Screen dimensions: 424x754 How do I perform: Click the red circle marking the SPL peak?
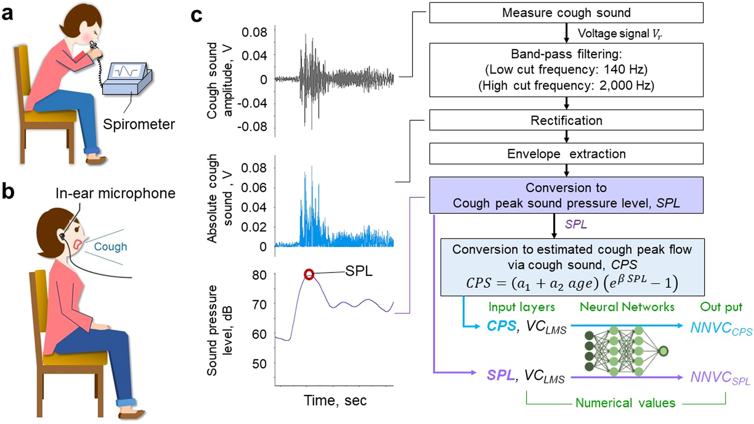309,274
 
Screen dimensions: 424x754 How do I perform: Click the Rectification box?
566,120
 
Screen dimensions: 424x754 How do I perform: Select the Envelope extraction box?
566,154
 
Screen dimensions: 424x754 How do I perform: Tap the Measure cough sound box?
566,13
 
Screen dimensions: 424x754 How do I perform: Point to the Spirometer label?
139,124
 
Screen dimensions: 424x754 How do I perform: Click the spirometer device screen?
126,71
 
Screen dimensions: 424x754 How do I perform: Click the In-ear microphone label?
115,193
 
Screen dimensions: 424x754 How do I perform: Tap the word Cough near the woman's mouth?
110,247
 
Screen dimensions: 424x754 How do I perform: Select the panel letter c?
196,15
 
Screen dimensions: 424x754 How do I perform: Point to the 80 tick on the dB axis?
259,275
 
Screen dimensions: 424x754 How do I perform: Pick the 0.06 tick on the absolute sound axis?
254,187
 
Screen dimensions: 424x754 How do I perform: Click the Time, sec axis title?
335,401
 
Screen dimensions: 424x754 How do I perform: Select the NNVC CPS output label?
721,329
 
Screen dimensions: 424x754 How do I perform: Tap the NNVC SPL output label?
720,377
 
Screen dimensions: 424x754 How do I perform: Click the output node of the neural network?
663,351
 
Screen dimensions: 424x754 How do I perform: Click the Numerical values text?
625,403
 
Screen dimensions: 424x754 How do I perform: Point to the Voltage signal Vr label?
620,34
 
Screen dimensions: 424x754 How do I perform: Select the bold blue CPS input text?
501,326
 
